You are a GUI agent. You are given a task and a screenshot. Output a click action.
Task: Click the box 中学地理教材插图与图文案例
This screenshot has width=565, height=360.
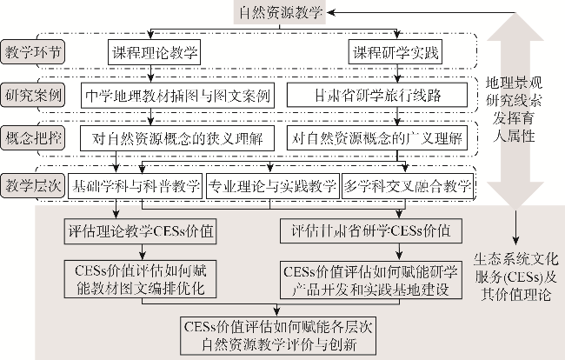pos(180,93)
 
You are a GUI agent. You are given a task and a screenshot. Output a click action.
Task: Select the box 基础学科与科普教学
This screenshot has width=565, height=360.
pos(136,185)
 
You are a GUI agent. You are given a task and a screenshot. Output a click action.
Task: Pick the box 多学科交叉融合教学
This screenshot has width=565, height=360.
pos(409,185)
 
